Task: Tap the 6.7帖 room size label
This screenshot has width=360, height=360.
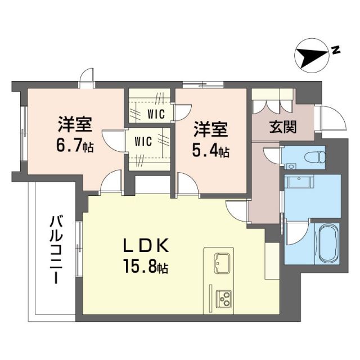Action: (x=75, y=147)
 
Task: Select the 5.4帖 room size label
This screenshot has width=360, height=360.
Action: (x=211, y=151)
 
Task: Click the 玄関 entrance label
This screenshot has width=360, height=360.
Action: (x=282, y=128)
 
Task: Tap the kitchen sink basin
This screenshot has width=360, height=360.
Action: (x=221, y=262)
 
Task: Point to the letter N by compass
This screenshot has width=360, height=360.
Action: (x=335, y=50)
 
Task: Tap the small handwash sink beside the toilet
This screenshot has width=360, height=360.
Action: (x=291, y=166)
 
